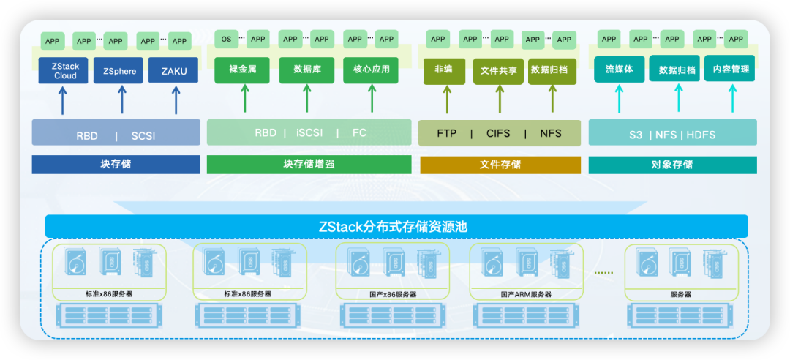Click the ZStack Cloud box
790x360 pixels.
tap(65, 71)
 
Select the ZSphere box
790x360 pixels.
tap(119, 71)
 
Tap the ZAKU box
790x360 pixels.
tap(173, 71)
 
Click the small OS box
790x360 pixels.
tap(226, 40)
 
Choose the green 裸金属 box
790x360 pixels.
tap(242, 70)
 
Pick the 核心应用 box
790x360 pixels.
tap(371, 70)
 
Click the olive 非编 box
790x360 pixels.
tap(444, 70)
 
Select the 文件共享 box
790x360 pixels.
tap(499, 71)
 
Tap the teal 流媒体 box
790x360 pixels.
tap(619, 70)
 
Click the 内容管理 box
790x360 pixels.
tap(729, 70)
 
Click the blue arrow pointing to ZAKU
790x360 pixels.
tap(176, 100)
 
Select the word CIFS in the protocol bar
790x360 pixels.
tap(498, 134)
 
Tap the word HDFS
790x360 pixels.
tap(701, 135)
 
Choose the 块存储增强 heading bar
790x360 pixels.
tap(309, 165)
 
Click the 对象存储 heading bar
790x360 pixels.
tap(672, 165)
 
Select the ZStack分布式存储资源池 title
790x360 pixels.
tap(396, 227)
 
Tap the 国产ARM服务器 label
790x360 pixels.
tap(527, 294)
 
